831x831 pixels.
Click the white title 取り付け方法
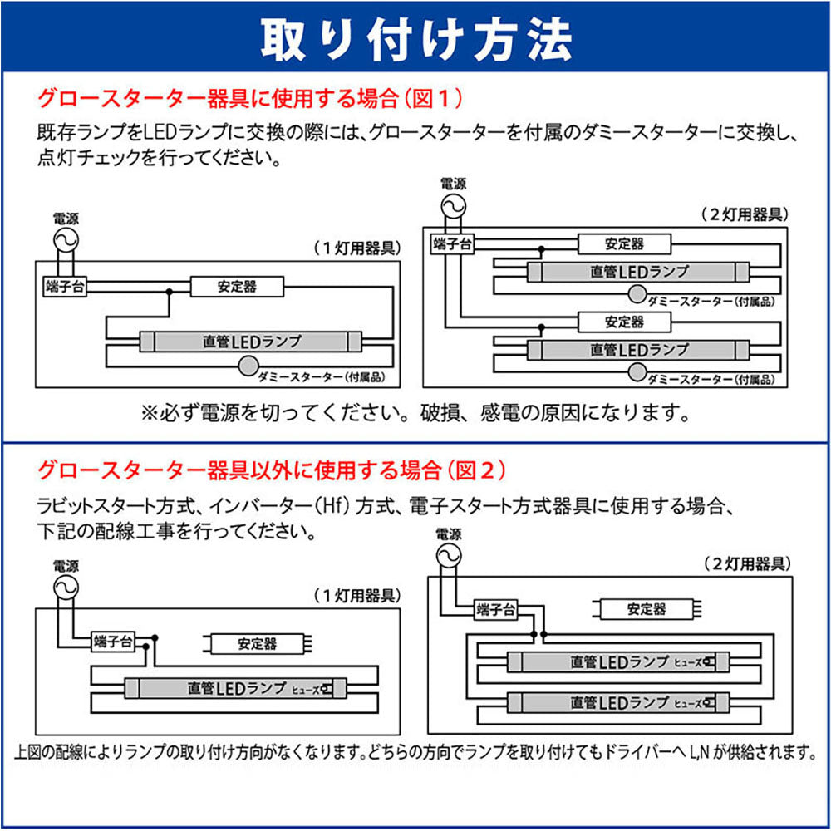click(415, 37)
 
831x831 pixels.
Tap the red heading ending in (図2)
click(271, 470)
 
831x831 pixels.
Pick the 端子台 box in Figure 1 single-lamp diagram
click(64, 286)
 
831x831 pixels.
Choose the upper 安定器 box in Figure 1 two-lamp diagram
click(623, 244)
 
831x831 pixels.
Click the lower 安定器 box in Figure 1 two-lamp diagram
click(623, 322)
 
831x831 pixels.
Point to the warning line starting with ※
click(415, 412)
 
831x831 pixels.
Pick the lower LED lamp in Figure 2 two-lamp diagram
click(619, 703)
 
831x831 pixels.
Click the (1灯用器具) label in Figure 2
click(357, 596)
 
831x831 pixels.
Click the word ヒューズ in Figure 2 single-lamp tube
click(305, 689)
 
